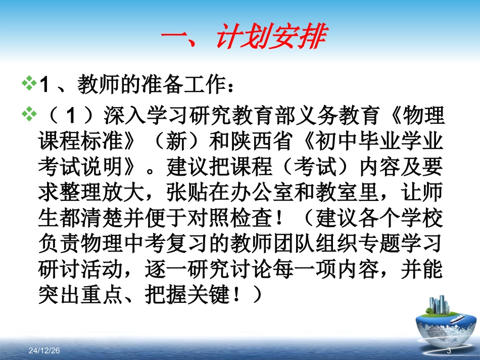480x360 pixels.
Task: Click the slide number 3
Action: coord(448,350)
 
